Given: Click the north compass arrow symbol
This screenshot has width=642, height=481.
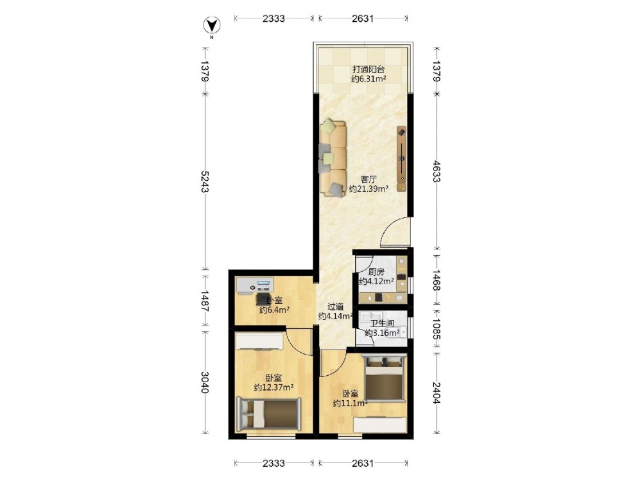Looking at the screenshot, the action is pyautogui.click(x=212, y=26).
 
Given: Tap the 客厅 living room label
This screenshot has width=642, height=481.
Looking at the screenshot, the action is pyautogui.click(x=369, y=179).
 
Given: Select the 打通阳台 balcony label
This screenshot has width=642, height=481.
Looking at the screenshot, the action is pyautogui.click(x=369, y=69).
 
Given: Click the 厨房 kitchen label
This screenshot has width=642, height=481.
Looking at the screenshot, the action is pyautogui.click(x=376, y=271).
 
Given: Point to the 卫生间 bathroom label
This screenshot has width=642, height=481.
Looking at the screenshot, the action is pyautogui.click(x=382, y=323).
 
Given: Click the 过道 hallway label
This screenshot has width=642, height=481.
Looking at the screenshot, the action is pyautogui.click(x=336, y=307).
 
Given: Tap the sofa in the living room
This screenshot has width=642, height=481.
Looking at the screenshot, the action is pyautogui.click(x=333, y=158).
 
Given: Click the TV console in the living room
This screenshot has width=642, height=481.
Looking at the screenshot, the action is pyautogui.click(x=402, y=158).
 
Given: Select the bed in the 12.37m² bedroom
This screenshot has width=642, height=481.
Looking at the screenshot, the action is pyautogui.click(x=268, y=414).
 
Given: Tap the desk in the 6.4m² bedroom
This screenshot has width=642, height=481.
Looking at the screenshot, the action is pyautogui.click(x=255, y=285).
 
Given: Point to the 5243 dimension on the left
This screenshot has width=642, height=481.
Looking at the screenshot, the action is pyautogui.click(x=205, y=181).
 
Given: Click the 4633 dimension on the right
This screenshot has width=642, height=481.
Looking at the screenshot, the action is pyautogui.click(x=437, y=171).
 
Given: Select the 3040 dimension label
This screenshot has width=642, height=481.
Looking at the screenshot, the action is pyautogui.click(x=205, y=382).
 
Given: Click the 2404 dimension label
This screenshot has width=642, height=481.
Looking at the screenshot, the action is pyautogui.click(x=437, y=392).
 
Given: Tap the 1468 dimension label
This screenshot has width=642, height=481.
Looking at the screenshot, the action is pyautogui.click(x=437, y=280).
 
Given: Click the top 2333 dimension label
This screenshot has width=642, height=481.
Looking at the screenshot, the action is pyautogui.click(x=273, y=19).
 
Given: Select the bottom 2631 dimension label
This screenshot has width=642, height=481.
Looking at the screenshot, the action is pyautogui.click(x=363, y=463).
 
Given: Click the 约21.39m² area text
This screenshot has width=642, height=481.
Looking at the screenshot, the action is pyautogui.click(x=369, y=189).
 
